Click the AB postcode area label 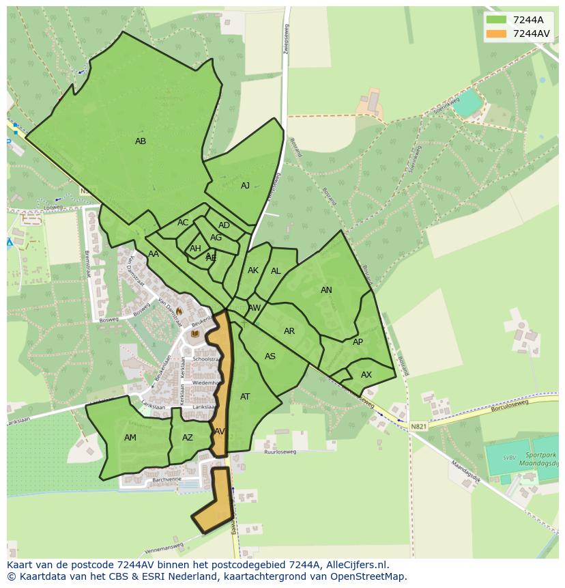(141, 141)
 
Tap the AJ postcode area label (245, 186)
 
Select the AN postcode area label (326, 290)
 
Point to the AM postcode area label (130, 438)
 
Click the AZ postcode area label (188, 438)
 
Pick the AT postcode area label (245, 397)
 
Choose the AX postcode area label (366, 375)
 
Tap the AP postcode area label (358, 342)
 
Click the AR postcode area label (289, 331)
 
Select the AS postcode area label (270, 356)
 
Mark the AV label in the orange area (219, 432)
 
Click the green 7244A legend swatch (496, 20)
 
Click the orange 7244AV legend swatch (496, 33)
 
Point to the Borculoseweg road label (510, 408)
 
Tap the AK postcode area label (253, 270)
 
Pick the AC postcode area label (183, 223)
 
